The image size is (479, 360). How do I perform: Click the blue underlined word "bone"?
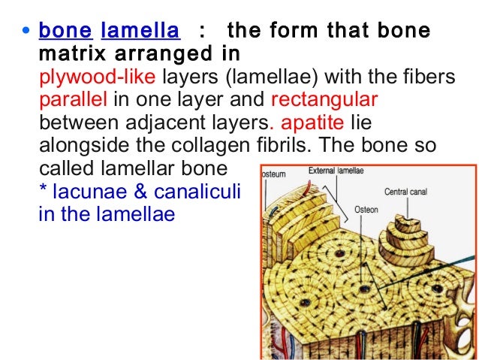point(65,32)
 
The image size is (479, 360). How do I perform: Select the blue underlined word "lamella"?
point(140,32)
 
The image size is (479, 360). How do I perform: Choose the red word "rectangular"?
point(324,100)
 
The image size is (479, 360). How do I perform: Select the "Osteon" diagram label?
point(366,210)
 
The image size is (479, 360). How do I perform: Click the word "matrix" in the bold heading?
point(68,54)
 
